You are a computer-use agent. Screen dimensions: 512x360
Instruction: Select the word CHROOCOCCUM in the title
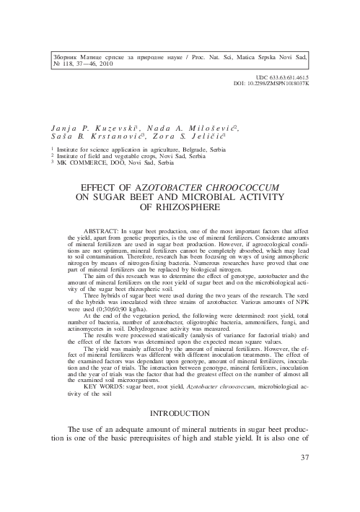point(245,186)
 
